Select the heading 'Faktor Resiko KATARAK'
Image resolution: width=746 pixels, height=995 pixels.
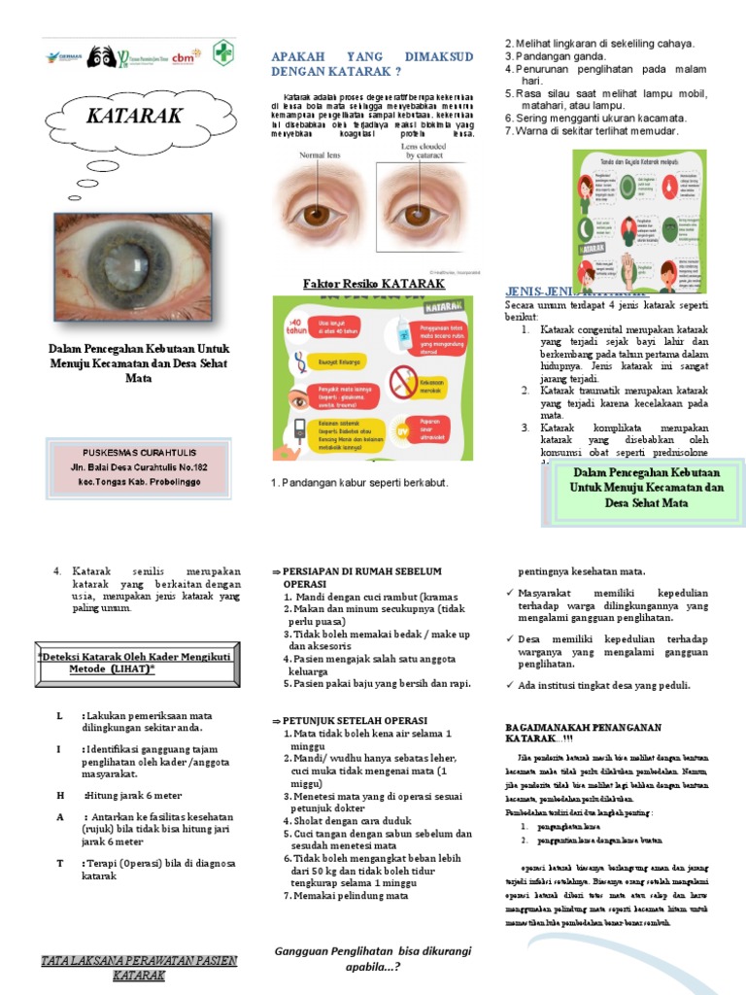[375, 284]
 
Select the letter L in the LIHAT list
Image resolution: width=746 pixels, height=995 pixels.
[59, 715]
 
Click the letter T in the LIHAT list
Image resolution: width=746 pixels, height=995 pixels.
[59, 862]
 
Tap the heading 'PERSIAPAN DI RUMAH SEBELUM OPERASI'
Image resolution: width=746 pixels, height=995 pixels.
[359, 579]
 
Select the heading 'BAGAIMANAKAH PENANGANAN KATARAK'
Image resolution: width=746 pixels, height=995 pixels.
[583, 733]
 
